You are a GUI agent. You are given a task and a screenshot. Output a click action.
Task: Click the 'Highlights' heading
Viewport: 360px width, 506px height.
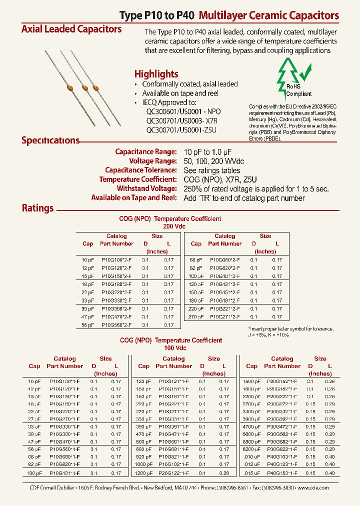tap(156, 73)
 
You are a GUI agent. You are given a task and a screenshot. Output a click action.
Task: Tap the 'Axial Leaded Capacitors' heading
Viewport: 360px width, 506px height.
tap(71, 29)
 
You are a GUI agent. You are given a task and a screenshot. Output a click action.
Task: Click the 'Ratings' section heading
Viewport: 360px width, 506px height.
tap(37, 208)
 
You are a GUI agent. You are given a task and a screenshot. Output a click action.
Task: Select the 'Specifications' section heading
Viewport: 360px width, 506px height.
tap(50, 140)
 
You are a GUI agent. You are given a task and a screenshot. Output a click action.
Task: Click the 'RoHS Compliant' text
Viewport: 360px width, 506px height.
tap(299, 90)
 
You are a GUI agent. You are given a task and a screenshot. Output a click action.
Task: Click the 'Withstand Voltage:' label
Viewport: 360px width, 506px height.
tap(146, 188)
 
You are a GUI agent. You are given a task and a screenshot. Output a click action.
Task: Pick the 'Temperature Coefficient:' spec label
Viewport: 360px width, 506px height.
tap(138, 179)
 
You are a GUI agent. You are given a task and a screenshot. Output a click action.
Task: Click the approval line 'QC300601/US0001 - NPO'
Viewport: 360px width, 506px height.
tap(183, 111)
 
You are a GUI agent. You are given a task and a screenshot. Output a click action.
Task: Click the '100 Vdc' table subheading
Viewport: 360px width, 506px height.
tap(170, 347)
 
